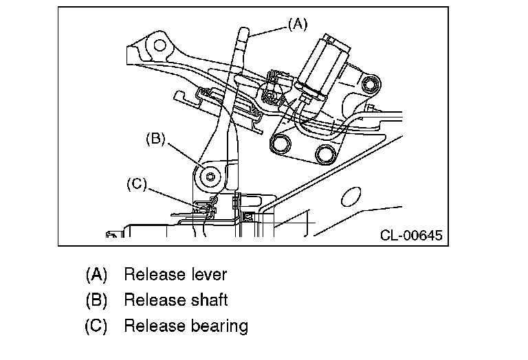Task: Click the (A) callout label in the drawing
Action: pos(298,24)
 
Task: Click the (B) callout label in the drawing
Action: pos(155,139)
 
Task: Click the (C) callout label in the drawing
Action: pos(137,184)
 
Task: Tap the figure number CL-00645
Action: pos(411,235)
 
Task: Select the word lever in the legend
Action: pos(209,274)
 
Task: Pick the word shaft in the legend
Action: pos(210,300)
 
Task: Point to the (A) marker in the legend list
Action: pos(97,274)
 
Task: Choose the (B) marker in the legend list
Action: pos(97,300)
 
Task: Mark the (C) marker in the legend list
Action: pos(96,326)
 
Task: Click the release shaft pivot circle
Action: pos(210,177)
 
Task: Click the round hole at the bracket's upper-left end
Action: pos(159,45)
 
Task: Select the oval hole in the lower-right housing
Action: pos(351,196)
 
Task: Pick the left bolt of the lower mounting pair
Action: pos(280,144)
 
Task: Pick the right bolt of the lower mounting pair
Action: pos(326,153)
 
